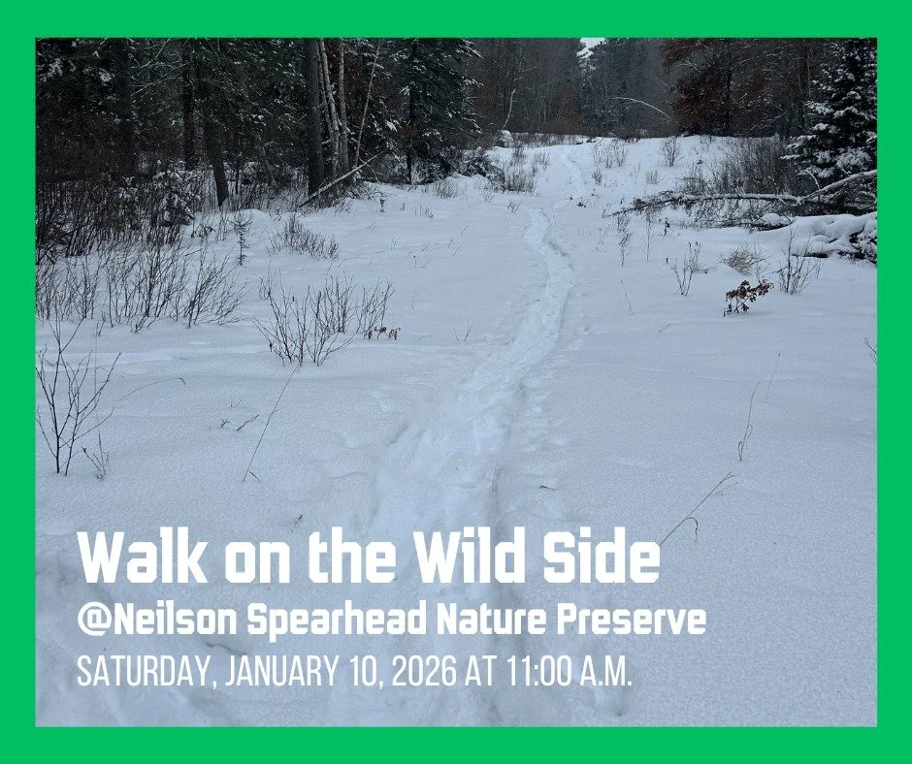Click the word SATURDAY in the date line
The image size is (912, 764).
point(147,672)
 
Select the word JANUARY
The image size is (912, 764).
point(285,672)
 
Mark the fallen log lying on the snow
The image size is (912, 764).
point(737,199)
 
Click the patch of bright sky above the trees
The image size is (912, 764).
point(591,44)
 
